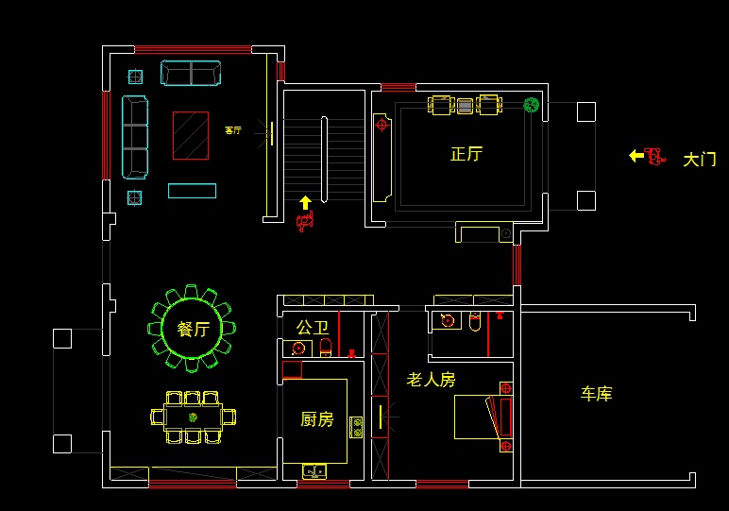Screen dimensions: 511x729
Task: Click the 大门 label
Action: click(x=699, y=160)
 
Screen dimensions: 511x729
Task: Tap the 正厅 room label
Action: click(x=466, y=154)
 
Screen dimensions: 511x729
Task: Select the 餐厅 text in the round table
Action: click(x=193, y=329)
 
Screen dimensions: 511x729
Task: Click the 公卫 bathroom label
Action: click(x=312, y=328)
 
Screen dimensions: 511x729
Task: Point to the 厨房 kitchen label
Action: click(x=317, y=419)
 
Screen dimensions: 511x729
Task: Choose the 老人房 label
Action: click(x=431, y=380)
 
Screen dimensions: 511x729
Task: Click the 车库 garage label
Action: click(x=596, y=394)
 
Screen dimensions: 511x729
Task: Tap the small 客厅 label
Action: click(x=232, y=130)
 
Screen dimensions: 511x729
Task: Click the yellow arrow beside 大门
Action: click(x=636, y=155)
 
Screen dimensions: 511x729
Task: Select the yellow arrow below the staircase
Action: click(x=305, y=202)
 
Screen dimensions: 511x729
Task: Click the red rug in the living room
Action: click(x=190, y=135)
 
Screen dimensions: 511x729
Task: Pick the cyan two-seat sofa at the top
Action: click(x=190, y=73)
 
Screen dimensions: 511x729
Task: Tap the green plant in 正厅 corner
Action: click(x=532, y=105)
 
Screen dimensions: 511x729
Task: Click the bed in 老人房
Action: click(x=483, y=417)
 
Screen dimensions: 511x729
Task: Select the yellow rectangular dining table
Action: click(x=193, y=417)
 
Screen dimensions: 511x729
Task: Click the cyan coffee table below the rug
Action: click(x=192, y=191)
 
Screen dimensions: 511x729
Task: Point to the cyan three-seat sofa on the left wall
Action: click(x=135, y=137)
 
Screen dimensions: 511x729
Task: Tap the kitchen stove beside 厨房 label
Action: click(x=356, y=427)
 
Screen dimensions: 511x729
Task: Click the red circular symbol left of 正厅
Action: click(x=381, y=124)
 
